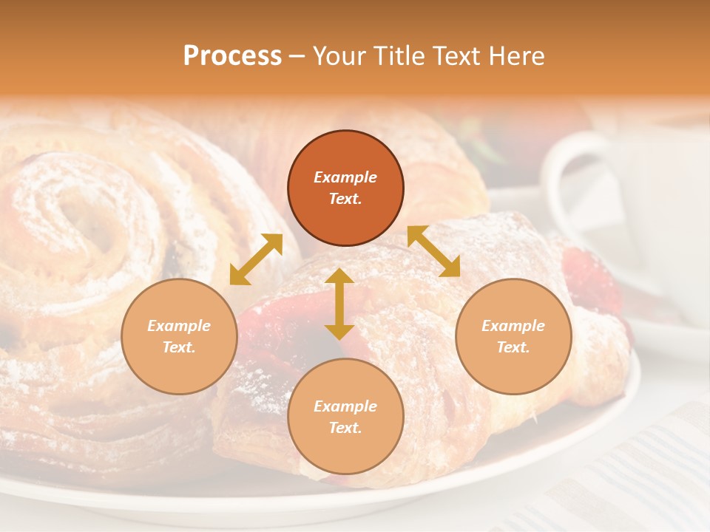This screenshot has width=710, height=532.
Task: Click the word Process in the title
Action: point(232,56)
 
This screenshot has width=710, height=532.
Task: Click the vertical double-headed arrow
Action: point(339,304)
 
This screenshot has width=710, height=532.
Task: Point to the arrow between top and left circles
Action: point(256,259)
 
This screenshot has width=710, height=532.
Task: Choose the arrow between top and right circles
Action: point(434,251)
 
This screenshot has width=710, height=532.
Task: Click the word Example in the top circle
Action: point(345,177)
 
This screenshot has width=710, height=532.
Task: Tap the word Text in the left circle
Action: point(179,347)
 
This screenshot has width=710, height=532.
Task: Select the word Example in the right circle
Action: point(513,326)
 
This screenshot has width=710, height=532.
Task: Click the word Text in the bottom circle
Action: point(345,428)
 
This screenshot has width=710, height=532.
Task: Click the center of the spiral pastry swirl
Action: point(78,222)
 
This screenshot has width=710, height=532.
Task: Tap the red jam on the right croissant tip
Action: point(592,281)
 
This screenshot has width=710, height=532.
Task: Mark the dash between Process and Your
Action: point(297,57)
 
